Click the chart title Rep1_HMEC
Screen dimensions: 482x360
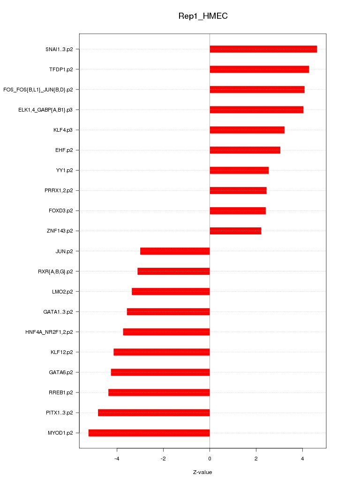[x=203, y=16]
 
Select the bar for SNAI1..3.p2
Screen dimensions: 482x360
[x=263, y=49]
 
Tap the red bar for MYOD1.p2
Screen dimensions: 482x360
[x=149, y=433]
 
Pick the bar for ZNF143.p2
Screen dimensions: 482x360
[x=235, y=231]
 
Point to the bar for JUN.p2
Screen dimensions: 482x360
[x=175, y=251]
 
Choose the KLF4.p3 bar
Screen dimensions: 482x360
[x=247, y=130]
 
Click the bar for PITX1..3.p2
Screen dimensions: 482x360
[x=154, y=413]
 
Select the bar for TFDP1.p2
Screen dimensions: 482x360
[x=259, y=69]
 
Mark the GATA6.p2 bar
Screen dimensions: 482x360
[x=160, y=372]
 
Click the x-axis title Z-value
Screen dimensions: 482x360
[x=202, y=472]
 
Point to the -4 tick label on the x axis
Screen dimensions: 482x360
[x=117, y=459]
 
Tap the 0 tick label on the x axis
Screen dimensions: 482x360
[x=210, y=459]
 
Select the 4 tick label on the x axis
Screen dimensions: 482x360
[x=302, y=459]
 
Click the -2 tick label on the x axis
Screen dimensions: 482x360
[x=163, y=459]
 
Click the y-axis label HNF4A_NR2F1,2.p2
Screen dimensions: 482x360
[x=49, y=332]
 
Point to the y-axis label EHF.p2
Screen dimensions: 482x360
[x=64, y=150]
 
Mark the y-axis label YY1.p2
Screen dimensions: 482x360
[x=64, y=170]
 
